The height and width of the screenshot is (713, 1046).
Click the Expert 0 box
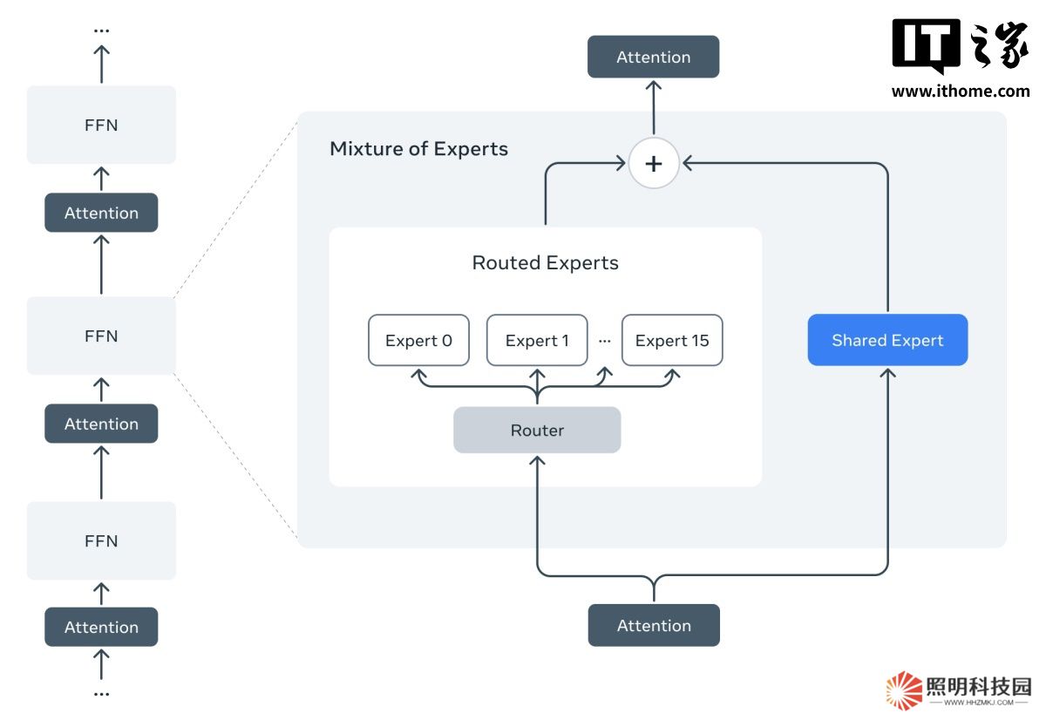click(x=418, y=341)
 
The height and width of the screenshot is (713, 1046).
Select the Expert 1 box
click(x=537, y=341)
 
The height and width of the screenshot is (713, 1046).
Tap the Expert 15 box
click(x=672, y=341)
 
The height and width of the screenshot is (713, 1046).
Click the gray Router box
click(x=537, y=431)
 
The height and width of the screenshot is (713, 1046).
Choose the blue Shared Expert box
click(x=887, y=340)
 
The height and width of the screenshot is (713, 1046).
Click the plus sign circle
click(x=654, y=163)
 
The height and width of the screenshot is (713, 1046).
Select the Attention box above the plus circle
click(x=654, y=58)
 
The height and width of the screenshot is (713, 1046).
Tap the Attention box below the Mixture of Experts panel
click(x=654, y=626)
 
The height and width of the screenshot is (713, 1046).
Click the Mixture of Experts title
click(x=418, y=149)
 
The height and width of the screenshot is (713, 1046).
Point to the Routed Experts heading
click(x=545, y=263)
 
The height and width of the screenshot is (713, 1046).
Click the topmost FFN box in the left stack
click(x=101, y=126)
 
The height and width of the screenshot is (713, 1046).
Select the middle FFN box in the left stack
click(x=101, y=336)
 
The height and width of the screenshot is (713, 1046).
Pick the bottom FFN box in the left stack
click(x=101, y=541)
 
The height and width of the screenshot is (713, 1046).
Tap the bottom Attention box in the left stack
click(x=101, y=628)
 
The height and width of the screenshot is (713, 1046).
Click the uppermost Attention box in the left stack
click(x=101, y=214)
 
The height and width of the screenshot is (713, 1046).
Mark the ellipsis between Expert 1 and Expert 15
click(x=605, y=341)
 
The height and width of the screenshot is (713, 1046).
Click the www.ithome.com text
click(x=961, y=92)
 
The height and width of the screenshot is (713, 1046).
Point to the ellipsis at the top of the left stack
click(x=101, y=31)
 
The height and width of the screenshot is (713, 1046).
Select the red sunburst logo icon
click(x=904, y=690)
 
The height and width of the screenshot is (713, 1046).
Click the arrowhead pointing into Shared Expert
click(x=887, y=373)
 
